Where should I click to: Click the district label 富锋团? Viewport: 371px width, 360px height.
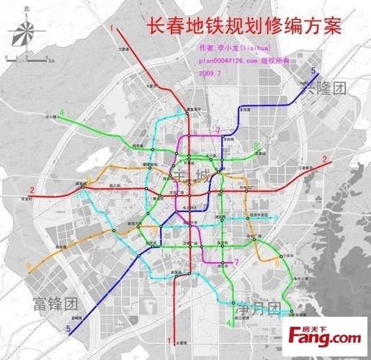[x=54, y=305]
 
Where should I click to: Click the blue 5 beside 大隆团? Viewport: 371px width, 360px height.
[x=313, y=71]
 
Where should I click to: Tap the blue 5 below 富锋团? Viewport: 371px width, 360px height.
[x=68, y=330]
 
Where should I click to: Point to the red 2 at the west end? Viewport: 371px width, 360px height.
[x=32, y=190]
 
